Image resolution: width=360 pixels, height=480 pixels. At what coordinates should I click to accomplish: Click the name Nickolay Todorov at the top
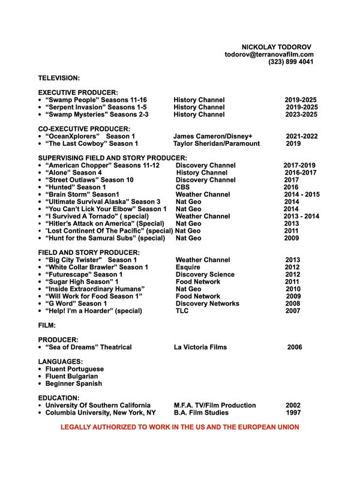[x=277, y=47]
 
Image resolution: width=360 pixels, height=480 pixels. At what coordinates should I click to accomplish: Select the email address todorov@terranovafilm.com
[x=269, y=55]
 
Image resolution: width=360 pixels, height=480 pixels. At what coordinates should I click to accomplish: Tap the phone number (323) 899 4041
[x=290, y=62]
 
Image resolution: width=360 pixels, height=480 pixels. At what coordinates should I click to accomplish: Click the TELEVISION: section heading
[x=59, y=78]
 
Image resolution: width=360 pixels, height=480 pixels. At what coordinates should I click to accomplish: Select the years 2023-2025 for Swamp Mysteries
[x=301, y=114]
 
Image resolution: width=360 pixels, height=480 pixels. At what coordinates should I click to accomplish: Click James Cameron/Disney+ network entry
[x=213, y=136]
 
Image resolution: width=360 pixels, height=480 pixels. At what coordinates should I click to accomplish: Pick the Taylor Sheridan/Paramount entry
[x=217, y=143]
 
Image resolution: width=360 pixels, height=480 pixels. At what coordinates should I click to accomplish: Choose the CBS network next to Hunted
[x=182, y=187]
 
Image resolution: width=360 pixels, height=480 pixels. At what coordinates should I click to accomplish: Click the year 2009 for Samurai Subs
[x=291, y=238]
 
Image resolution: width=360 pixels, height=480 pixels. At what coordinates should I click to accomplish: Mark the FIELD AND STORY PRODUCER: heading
[x=89, y=253]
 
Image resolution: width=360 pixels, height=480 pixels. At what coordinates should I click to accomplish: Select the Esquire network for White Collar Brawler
[x=188, y=267]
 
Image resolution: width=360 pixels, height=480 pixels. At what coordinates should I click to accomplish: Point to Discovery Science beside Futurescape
[x=205, y=274]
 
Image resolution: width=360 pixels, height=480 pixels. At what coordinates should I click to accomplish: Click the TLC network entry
[x=182, y=311]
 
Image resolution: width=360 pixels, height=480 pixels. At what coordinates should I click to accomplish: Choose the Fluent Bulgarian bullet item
[x=71, y=376]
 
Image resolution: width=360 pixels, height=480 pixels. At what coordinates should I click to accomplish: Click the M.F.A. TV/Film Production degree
[x=215, y=405]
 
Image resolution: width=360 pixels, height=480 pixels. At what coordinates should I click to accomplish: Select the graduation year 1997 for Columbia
[x=293, y=413]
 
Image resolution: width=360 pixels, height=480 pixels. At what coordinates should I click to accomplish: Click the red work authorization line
[x=179, y=427]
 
